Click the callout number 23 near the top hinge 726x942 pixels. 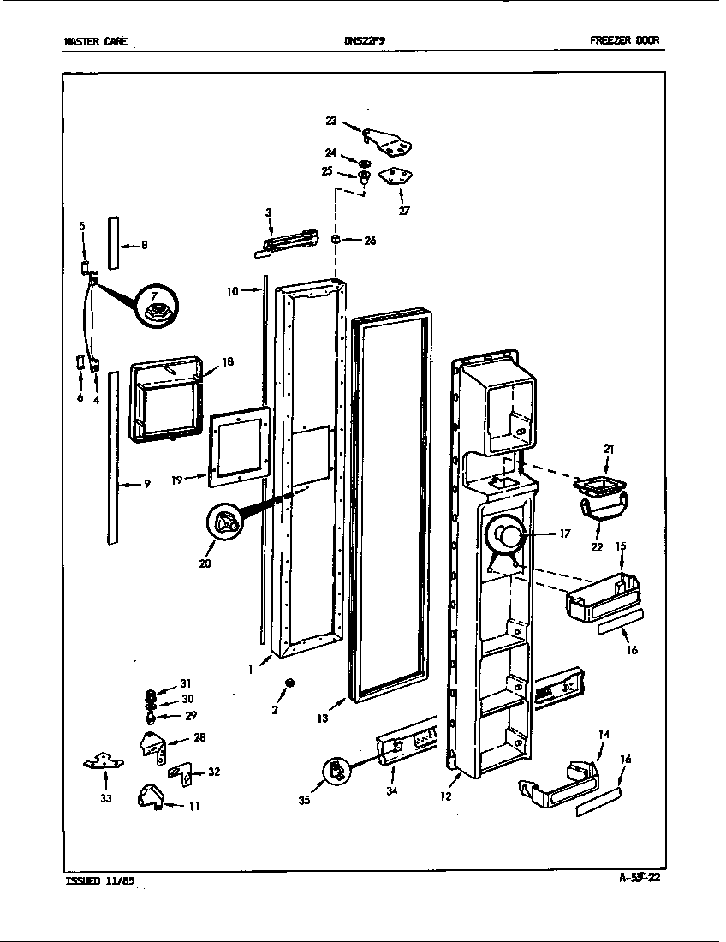click(330, 122)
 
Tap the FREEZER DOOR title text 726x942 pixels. click(624, 40)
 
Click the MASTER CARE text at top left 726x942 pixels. click(95, 40)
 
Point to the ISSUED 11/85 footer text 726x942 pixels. click(99, 880)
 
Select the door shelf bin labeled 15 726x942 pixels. click(604, 596)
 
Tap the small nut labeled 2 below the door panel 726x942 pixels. click(290, 682)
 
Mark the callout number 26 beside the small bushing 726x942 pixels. click(369, 241)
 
